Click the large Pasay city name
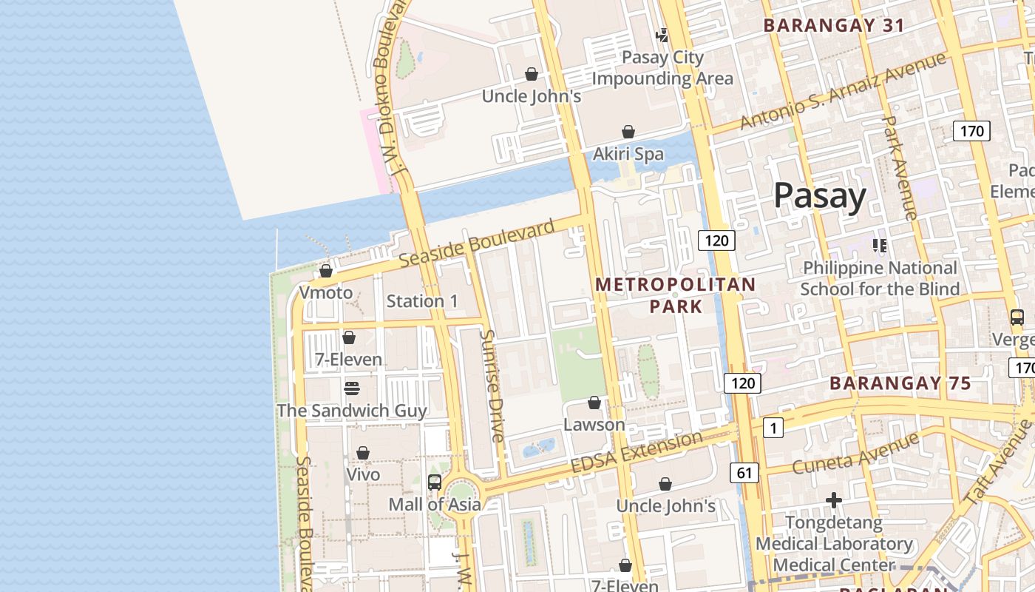820,197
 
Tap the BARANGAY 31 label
834,25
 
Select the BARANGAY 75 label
900,383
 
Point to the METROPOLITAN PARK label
676,295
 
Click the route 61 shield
744,472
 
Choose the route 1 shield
773,428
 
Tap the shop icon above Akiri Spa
628,132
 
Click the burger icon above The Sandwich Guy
352,388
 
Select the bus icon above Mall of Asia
435,482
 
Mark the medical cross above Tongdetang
834,501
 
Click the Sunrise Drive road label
492,386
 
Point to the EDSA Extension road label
637,453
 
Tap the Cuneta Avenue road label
855,453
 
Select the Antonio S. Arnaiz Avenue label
843,90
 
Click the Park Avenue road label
900,167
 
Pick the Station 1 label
422,301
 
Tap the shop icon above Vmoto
326,272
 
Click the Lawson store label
594,425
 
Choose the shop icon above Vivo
363,453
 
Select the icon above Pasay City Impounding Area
662,35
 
